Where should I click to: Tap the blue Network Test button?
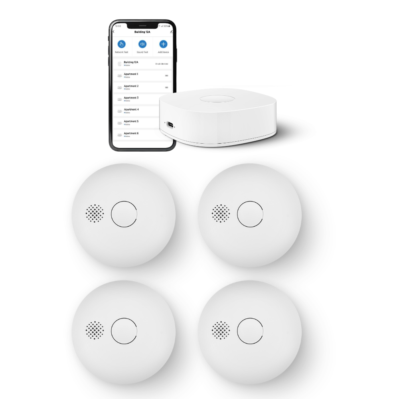(x=122, y=44)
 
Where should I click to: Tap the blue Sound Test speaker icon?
(x=142, y=44)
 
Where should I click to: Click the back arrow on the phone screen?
(x=114, y=32)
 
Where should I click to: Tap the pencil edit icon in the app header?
(x=171, y=31)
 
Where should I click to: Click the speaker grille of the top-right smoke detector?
(x=221, y=213)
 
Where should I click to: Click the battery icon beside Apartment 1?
(x=166, y=75)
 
